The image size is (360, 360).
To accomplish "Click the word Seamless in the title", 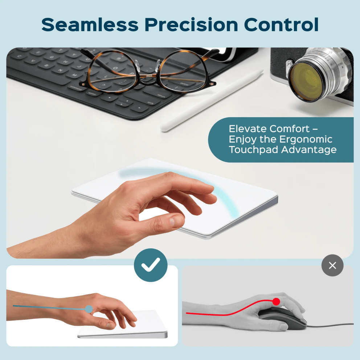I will pos(90,25).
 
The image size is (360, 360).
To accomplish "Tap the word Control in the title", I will pos(281,25).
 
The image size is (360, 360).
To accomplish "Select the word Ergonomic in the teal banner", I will pos(306,139).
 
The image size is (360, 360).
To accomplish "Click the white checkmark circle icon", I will pos(151,265).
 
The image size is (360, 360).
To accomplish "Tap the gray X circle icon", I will pos(332,265).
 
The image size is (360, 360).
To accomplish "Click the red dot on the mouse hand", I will pos(276,301).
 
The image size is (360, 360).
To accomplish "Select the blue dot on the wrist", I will pos(89,309).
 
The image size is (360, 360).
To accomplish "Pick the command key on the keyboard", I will pos(76,87).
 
